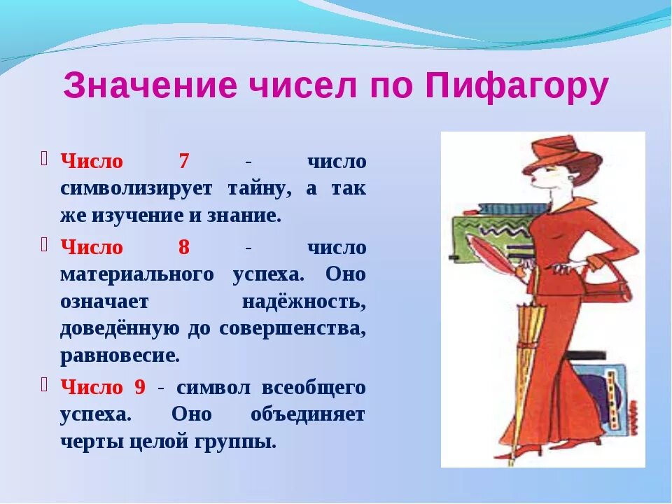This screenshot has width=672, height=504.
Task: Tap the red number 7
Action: (184, 161)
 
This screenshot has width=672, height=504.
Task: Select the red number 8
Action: (184, 247)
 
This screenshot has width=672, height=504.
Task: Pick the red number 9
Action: (140, 387)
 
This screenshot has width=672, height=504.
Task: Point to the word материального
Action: (137, 274)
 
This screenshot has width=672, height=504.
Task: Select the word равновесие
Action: (120, 356)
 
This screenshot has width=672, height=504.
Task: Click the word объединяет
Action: (308, 415)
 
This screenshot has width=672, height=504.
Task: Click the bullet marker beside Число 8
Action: (45, 244)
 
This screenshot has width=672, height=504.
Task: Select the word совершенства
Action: (293, 329)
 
